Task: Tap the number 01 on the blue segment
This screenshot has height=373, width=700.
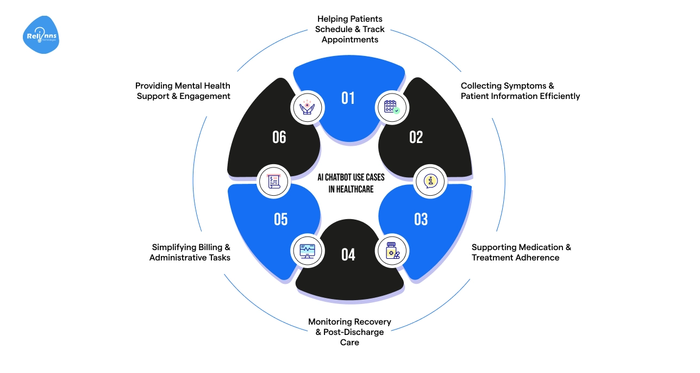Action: pos(348,98)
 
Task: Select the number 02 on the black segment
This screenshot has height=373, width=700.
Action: pos(416,137)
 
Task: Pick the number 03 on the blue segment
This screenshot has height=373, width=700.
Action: pos(421,219)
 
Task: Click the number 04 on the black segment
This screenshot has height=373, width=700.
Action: pos(348,254)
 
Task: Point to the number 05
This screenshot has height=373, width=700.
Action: pos(280,219)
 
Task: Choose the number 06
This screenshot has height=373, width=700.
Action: pos(279,137)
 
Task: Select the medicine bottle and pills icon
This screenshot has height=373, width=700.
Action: pos(392,252)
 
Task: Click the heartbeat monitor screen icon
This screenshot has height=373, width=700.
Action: pos(307,251)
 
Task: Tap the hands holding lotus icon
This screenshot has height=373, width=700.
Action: pos(308,107)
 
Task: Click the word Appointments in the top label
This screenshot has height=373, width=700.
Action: pos(350,40)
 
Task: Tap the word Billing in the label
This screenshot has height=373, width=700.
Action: pos(207,247)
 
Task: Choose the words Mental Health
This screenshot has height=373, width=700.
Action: pos(203,86)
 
